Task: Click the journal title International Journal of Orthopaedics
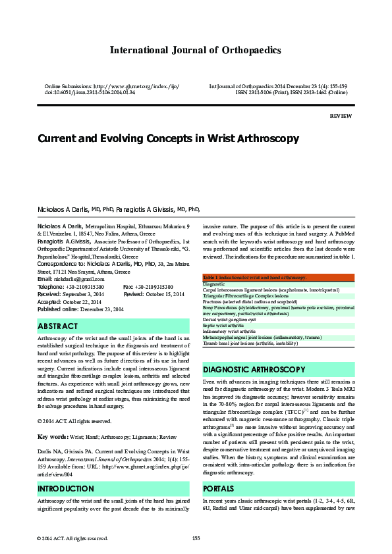point(196,50)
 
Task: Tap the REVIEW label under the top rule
point(341,115)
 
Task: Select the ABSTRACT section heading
point(58,326)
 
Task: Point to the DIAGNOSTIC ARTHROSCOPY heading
point(254,369)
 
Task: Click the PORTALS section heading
point(219,489)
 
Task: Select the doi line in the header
point(89,93)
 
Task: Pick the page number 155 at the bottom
point(196,538)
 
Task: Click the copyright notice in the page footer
point(72,538)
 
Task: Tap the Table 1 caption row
point(254,278)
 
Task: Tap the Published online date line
point(80,309)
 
